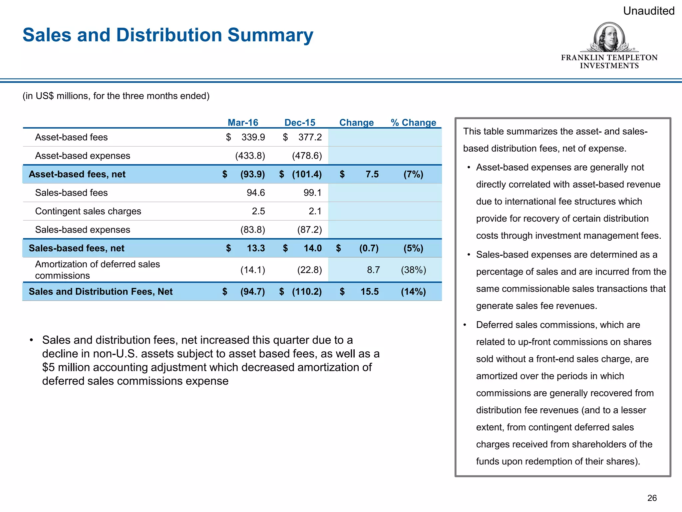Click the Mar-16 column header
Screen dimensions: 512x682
[243, 122]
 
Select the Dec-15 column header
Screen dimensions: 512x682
[300, 122]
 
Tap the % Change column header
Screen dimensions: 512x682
[413, 122]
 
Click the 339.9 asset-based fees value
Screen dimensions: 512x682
[253, 137]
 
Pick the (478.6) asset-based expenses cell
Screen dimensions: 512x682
[307, 156]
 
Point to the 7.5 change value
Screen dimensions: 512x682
[372, 174]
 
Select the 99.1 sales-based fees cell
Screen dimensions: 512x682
[312, 193]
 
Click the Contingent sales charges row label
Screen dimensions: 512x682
[88, 211]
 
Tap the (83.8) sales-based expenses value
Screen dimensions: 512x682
[252, 230]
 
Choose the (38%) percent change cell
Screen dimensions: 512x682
[413, 270]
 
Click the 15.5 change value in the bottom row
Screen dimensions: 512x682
[369, 292]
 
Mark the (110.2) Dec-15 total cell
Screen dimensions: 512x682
[307, 292]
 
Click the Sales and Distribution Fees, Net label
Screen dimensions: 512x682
[101, 292]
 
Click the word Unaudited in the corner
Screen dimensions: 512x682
[648, 11]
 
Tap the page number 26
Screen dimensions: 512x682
[652, 498]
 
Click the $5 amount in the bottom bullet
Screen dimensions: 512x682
[48, 367]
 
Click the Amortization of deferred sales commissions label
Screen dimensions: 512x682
[97, 270]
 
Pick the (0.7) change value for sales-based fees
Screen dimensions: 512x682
[369, 248]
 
